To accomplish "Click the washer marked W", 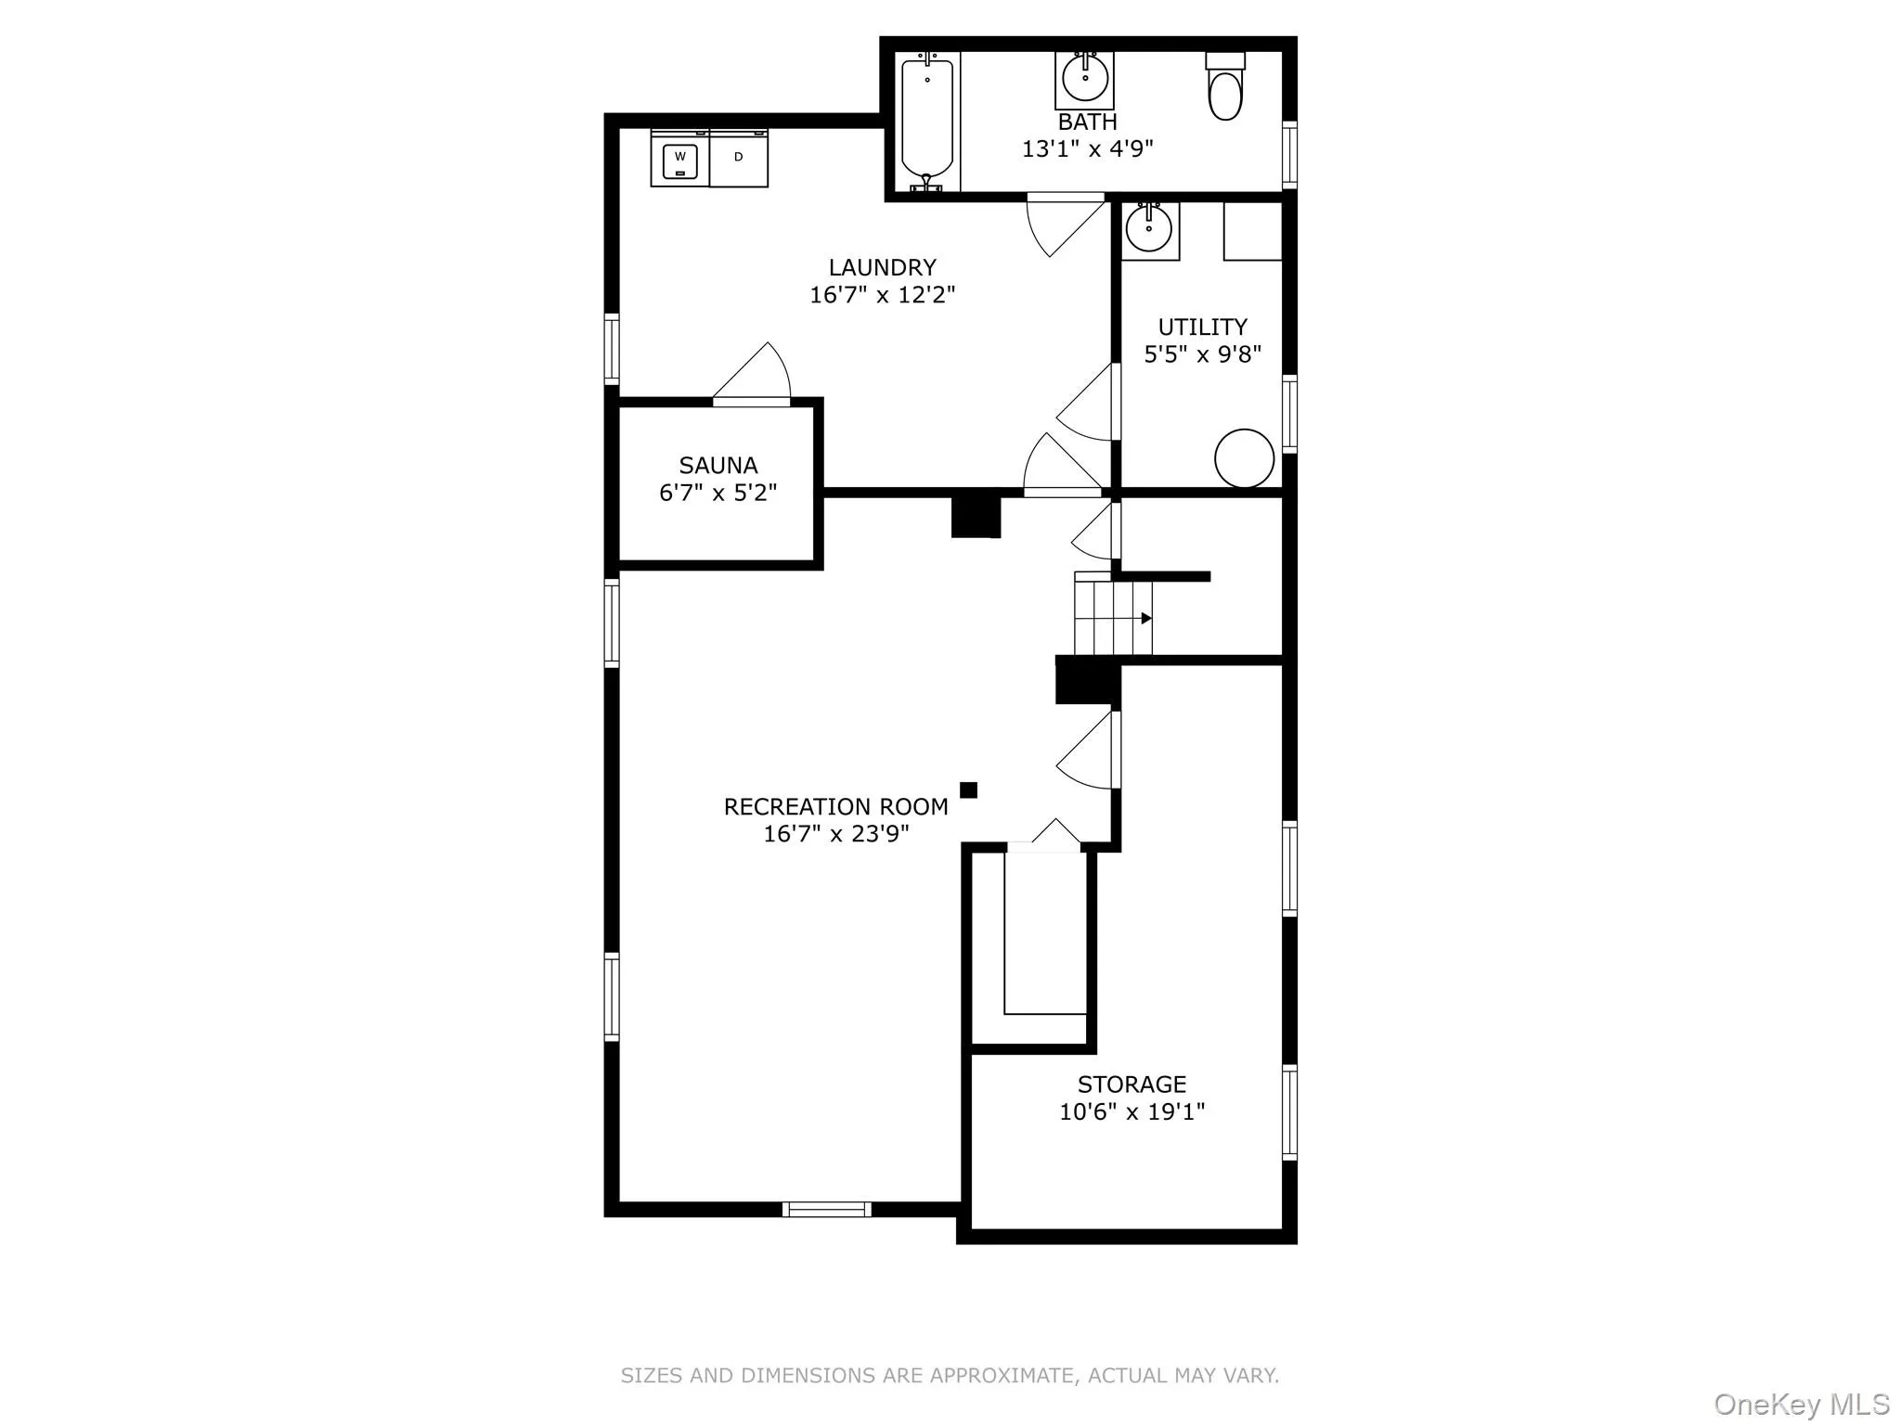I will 680,160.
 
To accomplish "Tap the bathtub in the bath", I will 927,122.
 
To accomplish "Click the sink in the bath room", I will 1085,80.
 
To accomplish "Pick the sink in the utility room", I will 1149,228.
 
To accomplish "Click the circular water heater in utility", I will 1244,458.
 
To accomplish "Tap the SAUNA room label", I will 718,465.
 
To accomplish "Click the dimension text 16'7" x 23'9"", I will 835,834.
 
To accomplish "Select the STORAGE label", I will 1132,1084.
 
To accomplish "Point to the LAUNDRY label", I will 882,267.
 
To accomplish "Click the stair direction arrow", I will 1146,618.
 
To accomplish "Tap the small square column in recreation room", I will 968,790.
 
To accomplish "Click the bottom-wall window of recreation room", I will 826,1209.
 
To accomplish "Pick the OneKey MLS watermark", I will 1801,1404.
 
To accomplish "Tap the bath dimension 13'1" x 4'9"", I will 1087,149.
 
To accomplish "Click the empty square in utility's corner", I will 1252,231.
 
